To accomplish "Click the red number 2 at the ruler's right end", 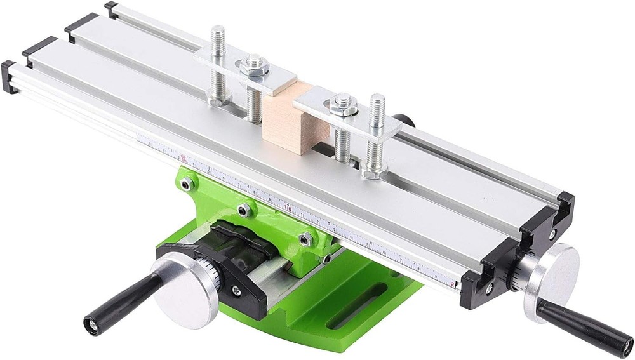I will coord(452,284).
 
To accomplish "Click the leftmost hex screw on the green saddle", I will coord(186,184).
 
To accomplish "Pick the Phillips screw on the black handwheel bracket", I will coord(236,290).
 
